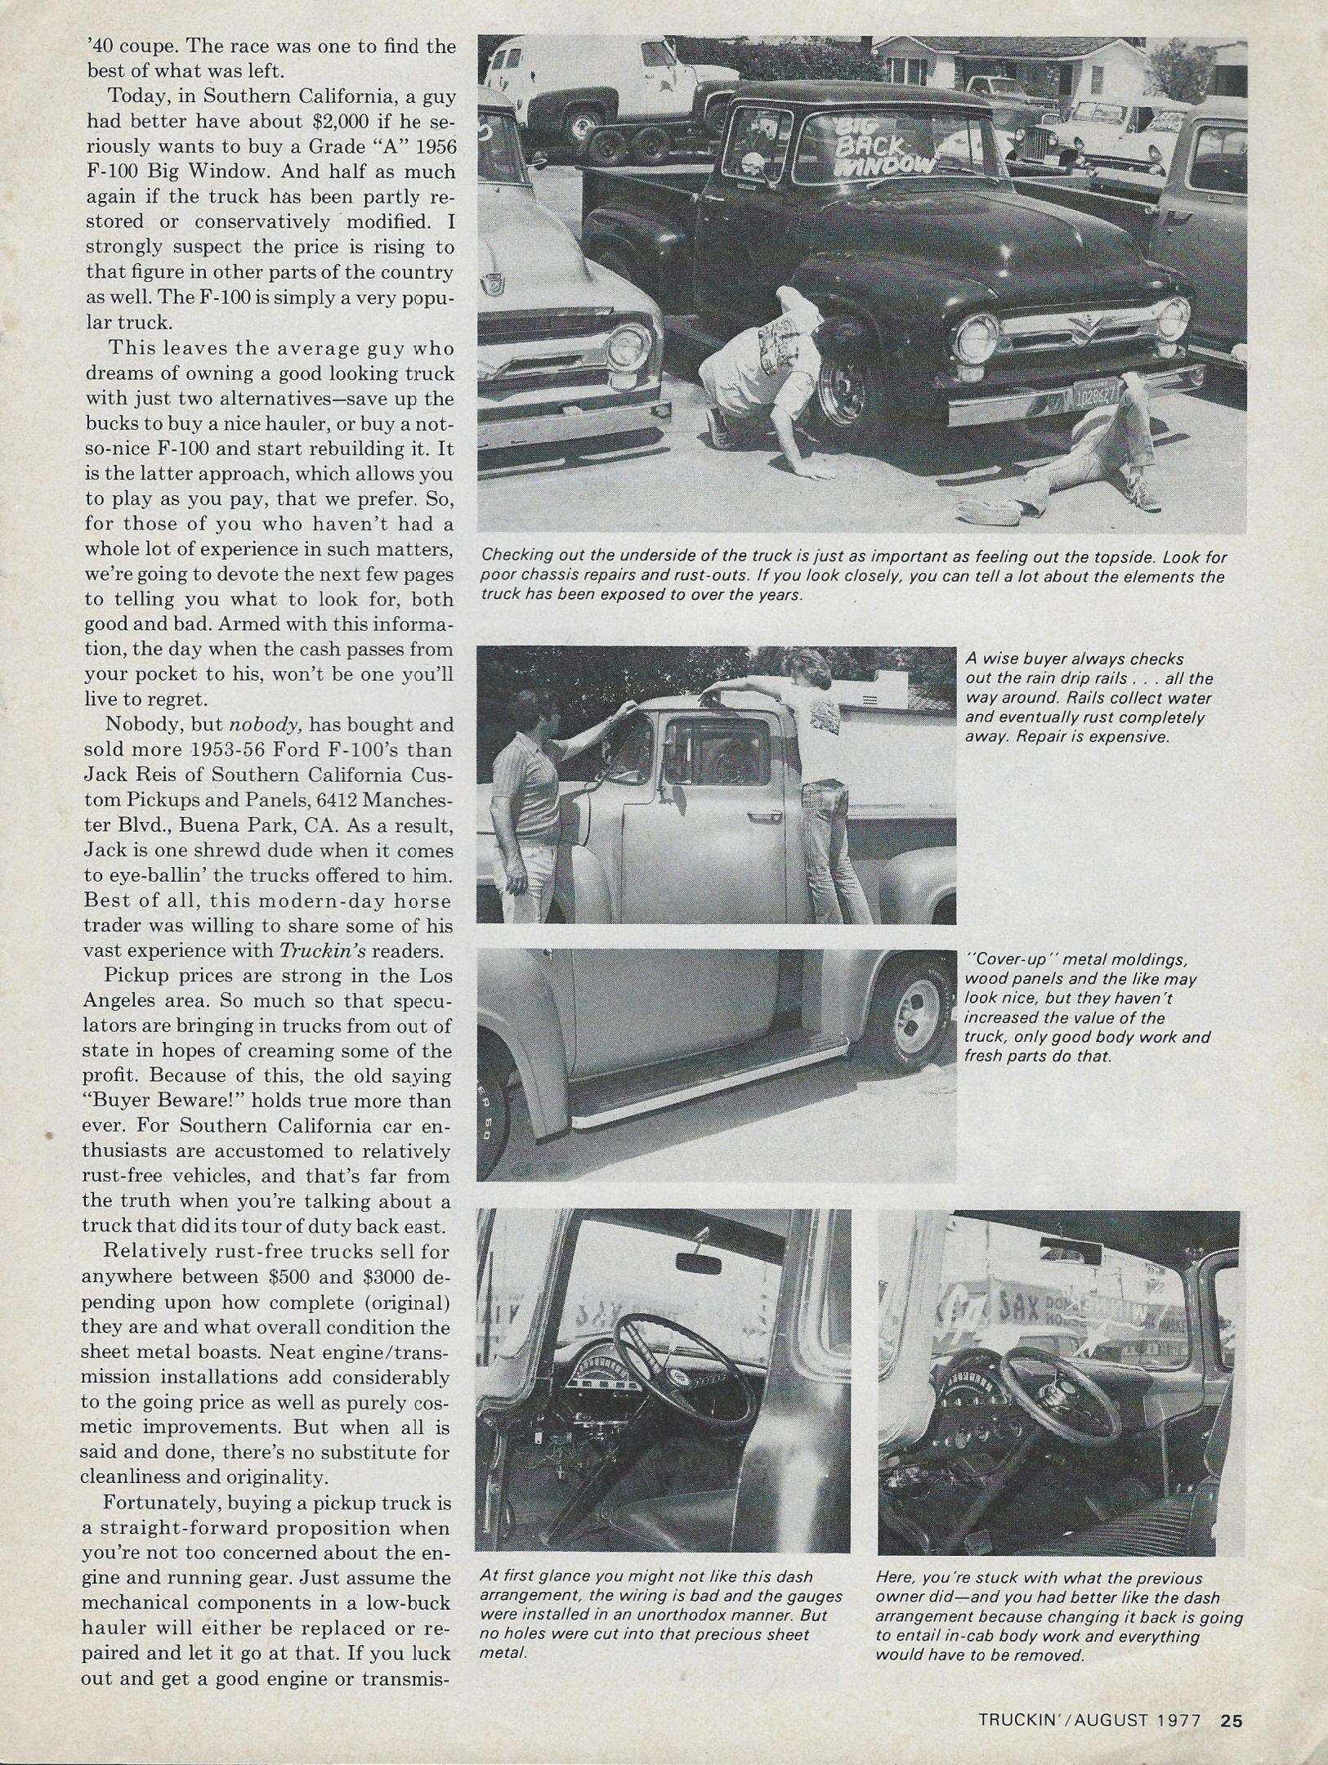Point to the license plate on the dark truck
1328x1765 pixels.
(1093, 398)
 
